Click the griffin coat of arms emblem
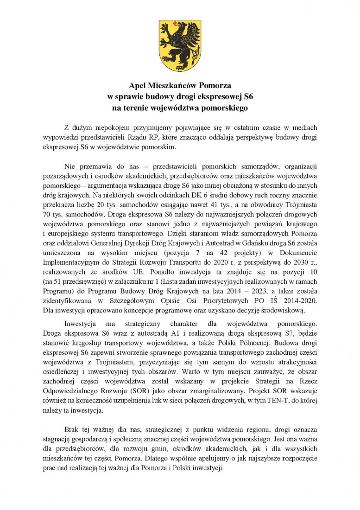(x=180, y=45)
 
